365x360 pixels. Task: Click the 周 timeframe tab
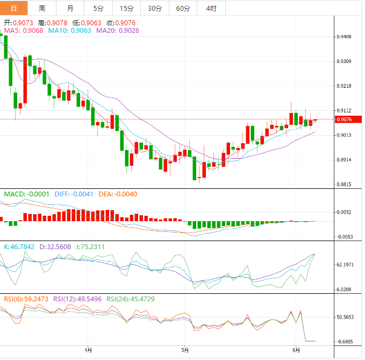(42, 8)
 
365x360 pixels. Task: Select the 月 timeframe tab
(70, 8)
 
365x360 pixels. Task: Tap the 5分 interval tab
(98, 8)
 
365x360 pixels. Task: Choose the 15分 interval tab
(126, 8)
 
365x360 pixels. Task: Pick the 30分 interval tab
(155, 8)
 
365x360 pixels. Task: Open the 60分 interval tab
(183, 8)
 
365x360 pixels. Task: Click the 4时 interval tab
(211, 8)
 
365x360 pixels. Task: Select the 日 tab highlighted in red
(14, 8)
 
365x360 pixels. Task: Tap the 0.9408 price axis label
(343, 37)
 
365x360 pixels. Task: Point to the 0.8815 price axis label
(343, 185)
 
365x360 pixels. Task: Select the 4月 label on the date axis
(89, 349)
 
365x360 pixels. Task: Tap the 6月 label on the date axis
(295, 349)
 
